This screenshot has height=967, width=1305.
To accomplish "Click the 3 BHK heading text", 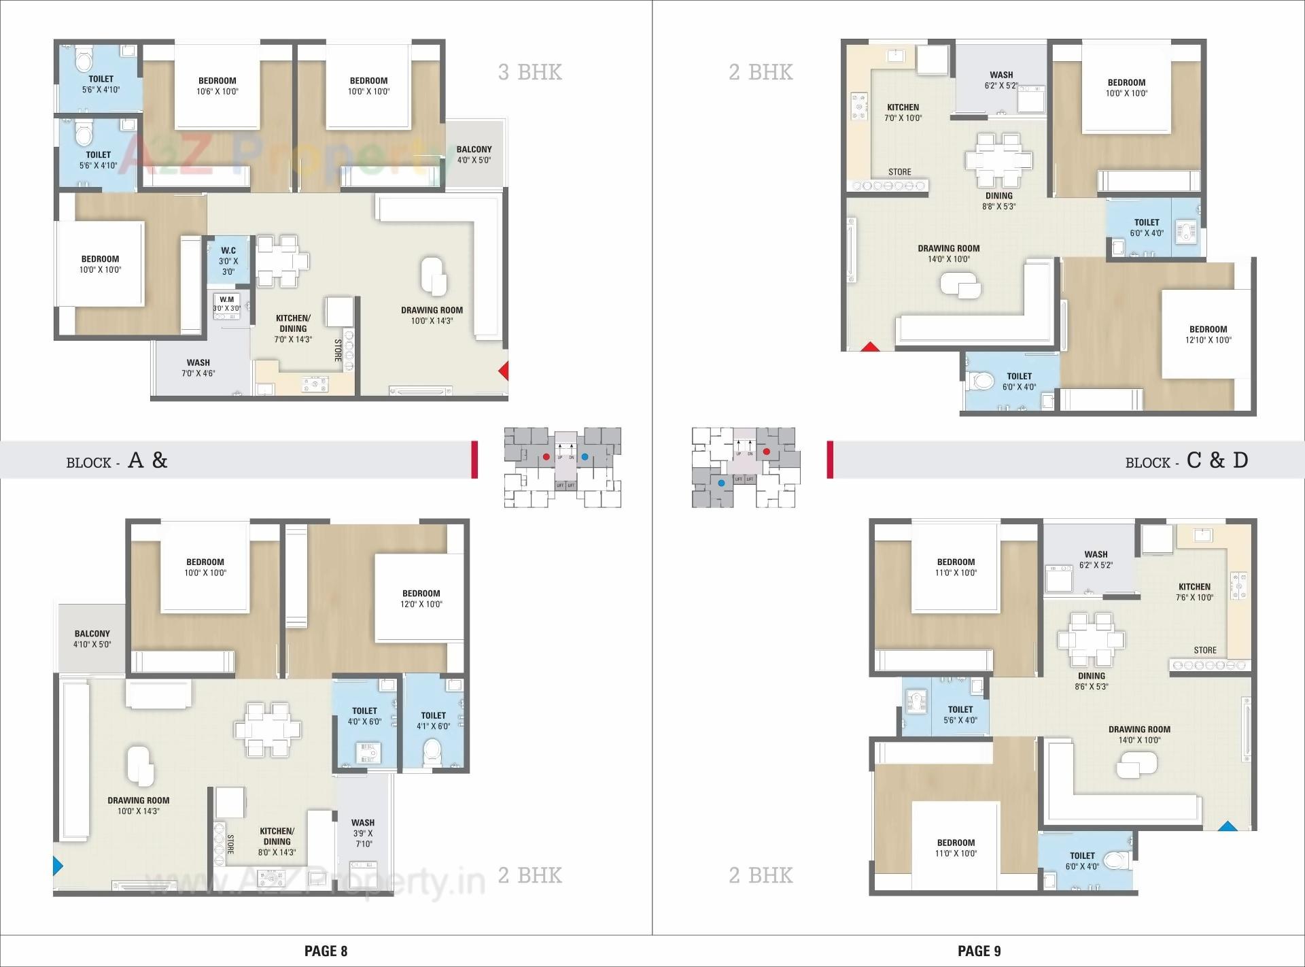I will tap(529, 72).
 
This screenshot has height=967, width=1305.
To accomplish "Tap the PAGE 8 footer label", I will tap(326, 951).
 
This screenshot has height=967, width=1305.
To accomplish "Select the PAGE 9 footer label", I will tap(979, 951).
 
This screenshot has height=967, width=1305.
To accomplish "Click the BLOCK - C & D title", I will tap(1186, 461).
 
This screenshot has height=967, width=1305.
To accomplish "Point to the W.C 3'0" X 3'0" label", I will tap(228, 261).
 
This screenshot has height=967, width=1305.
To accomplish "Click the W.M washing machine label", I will tap(226, 303).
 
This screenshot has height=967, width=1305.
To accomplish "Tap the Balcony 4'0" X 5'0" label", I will tap(474, 154).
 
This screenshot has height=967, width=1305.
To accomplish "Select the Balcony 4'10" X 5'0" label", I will tap(92, 639).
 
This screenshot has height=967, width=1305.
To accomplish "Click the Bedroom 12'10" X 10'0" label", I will tap(1208, 335).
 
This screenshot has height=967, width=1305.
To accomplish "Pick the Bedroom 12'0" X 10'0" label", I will tap(421, 598).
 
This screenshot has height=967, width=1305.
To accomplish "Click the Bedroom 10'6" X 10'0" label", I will tap(217, 86).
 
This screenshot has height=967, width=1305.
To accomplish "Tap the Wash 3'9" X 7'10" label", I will tap(363, 833).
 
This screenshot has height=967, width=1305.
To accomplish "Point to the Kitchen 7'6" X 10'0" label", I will tap(1194, 592).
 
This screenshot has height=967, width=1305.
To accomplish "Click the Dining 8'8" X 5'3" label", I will tap(998, 201).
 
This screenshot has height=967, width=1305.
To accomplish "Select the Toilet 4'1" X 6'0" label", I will tap(433, 720).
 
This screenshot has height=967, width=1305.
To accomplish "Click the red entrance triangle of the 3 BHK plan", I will tap(504, 371).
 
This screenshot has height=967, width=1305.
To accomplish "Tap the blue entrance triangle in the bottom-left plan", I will tap(58, 866).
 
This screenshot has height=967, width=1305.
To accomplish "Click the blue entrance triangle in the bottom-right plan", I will tap(1227, 827).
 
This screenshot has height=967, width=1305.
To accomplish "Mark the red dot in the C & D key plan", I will tap(766, 452).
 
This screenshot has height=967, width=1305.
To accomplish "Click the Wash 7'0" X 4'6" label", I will tap(198, 368).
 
